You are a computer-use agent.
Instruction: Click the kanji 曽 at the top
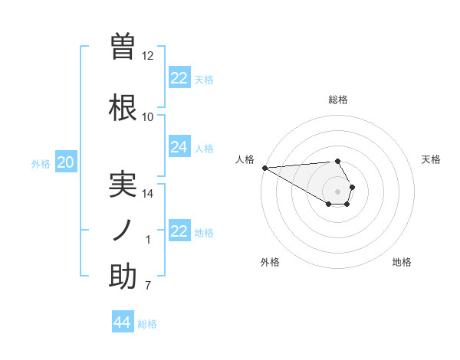pos(123,46)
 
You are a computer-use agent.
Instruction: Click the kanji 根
pos(123,108)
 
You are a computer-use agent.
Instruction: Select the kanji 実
pos(123,184)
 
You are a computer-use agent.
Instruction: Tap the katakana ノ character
pos(123,231)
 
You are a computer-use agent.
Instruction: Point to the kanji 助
pos(123,277)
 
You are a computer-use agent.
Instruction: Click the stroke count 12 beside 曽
pos(148,56)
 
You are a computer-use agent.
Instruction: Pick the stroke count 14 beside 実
pos(148,194)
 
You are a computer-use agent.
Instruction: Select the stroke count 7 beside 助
pos(148,286)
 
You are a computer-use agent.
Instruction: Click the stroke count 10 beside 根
pos(148,117)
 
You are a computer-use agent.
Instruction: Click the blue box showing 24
pos(179,147)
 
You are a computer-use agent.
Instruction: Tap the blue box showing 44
pos(123,322)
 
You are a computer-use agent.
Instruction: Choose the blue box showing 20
pos(66,162)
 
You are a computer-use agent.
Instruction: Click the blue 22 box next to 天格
pos(179,78)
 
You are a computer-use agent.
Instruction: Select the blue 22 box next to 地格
pos(179,231)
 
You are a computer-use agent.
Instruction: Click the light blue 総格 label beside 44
pos(147,324)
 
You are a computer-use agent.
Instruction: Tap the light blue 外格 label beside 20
pos(41,163)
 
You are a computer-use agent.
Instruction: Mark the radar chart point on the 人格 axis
pos(264,168)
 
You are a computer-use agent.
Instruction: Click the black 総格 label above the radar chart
pos(337,100)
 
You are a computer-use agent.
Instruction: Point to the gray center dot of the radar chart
pos(337,191)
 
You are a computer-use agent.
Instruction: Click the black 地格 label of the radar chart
pos(402,262)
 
